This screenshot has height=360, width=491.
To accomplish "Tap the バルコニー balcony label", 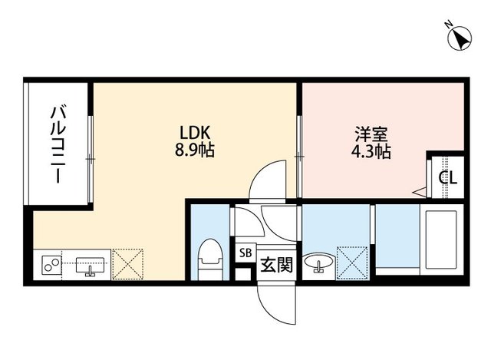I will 57,144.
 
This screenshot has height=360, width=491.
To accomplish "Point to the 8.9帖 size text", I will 193,150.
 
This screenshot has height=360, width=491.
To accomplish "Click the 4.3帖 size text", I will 371,150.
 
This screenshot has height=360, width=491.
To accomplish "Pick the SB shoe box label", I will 245,252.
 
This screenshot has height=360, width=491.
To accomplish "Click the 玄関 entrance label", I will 276,266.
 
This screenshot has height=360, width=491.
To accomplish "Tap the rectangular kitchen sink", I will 91,266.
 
